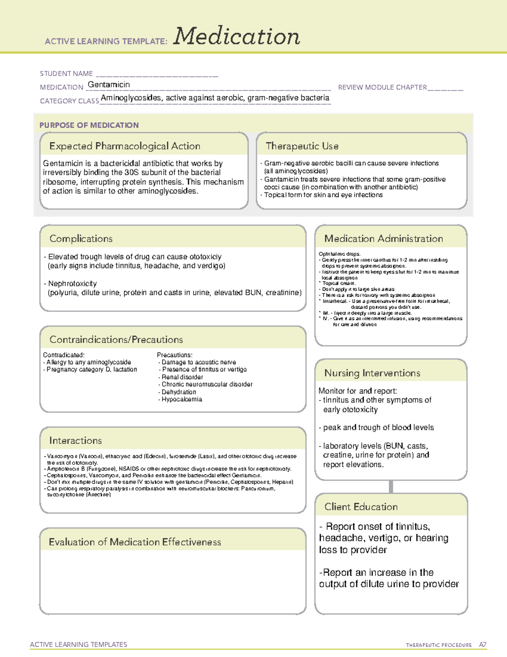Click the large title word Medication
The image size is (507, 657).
[237, 36]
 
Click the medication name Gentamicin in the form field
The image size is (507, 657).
[109, 85]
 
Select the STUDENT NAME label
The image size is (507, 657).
[66, 74]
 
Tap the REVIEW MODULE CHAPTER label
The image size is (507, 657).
[382, 87]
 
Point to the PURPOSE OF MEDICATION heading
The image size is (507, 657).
[89, 125]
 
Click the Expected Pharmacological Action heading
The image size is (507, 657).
[125, 146]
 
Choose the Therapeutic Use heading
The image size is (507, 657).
[302, 146]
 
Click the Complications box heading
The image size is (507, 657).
[81, 239]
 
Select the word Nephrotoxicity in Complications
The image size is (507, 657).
[72, 283]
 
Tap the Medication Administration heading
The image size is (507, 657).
[383, 239]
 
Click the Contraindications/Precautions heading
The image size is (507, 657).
[116, 339]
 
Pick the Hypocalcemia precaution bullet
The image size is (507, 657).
[182, 399]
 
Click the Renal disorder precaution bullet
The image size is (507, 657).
[182, 377]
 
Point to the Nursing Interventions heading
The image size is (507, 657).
[372, 373]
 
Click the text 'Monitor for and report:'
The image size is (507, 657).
[357, 391]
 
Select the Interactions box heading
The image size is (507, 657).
[75, 440]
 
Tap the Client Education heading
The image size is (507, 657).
[361, 507]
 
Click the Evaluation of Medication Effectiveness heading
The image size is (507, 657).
[135, 542]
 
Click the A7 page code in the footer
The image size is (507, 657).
[482, 645]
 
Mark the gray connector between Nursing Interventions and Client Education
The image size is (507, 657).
[391, 487]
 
